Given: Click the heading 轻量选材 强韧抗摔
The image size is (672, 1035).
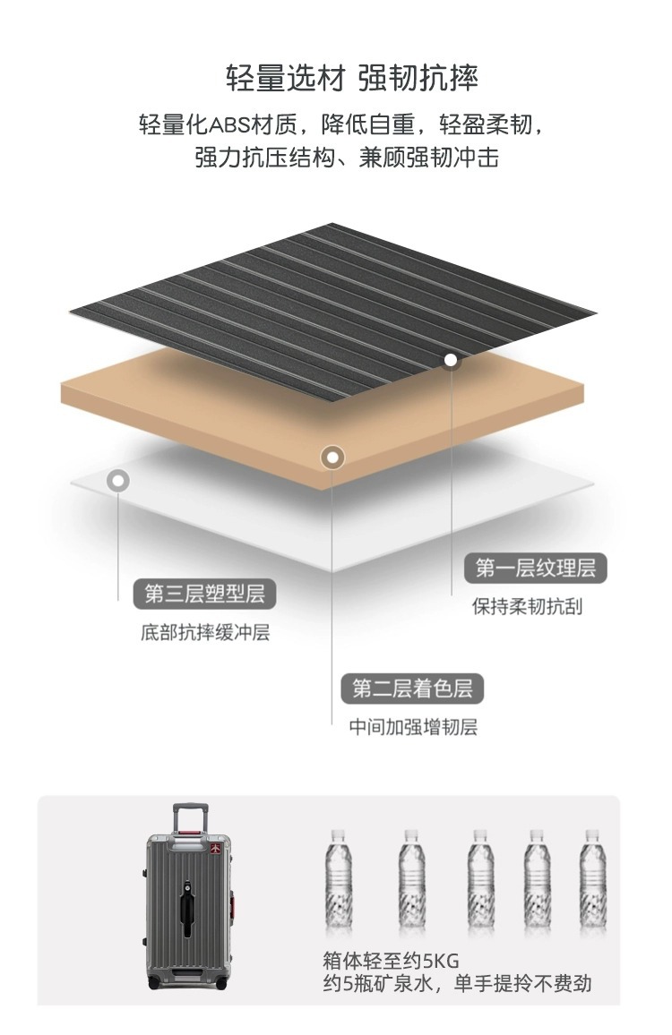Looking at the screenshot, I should [x=352, y=78].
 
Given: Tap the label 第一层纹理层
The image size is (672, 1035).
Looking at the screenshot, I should [x=535, y=567].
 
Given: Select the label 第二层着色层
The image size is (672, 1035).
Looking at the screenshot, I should [x=411, y=689].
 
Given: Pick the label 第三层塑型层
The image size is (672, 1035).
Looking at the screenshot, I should [x=205, y=593].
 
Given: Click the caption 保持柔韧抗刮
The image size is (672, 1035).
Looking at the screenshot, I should [x=527, y=606].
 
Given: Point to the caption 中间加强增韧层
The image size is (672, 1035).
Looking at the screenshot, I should [x=412, y=727].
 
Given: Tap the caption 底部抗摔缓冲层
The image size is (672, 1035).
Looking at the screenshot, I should [x=205, y=633].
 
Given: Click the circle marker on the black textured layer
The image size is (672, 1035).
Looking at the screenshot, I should [x=452, y=361].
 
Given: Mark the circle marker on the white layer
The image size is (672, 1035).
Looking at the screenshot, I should [x=117, y=481].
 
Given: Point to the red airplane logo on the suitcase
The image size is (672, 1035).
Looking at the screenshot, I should [x=217, y=847].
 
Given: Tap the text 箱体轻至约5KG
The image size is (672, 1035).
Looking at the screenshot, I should [x=391, y=962].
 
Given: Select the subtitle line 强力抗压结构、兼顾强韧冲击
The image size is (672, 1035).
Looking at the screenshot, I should [x=347, y=158].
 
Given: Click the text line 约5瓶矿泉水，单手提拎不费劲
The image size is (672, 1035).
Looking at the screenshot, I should [x=457, y=984].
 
